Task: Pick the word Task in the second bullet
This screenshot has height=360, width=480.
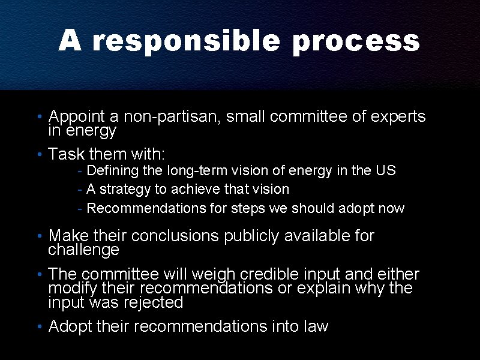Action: (64, 154)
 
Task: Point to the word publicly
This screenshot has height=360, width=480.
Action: (251, 236)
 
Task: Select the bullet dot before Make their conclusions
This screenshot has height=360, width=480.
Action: (38, 236)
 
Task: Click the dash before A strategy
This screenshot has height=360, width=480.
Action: (80, 190)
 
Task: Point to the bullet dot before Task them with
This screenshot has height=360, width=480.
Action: (38, 154)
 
